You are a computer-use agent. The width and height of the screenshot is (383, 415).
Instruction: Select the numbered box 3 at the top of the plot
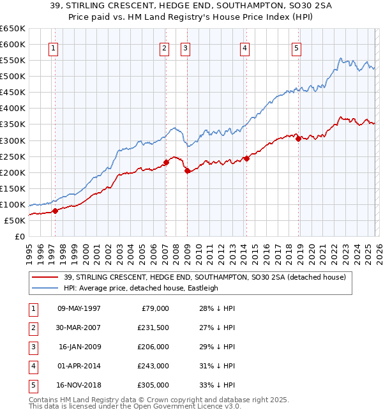[185, 48]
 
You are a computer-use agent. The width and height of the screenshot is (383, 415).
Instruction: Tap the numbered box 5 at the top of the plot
[297, 48]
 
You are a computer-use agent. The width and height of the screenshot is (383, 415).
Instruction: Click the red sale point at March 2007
[166, 162]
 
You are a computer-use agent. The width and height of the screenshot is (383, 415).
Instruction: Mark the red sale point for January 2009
[187, 170]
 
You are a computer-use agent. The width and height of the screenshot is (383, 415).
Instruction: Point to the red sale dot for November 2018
[298, 139]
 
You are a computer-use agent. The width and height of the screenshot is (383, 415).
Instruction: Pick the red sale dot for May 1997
[55, 211]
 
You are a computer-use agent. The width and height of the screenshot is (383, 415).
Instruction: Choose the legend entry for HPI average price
[140, 288]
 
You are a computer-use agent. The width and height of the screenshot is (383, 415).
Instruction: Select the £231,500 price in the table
[153, 328]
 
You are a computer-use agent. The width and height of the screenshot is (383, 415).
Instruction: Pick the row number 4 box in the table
[31, 366]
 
